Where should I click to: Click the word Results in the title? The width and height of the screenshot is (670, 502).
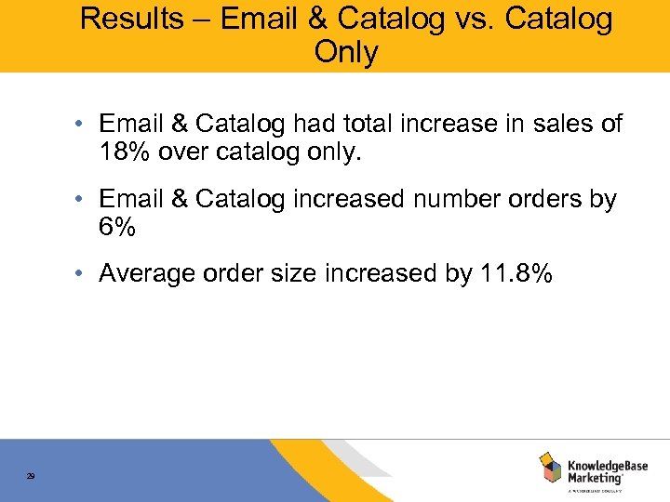pos(133,19)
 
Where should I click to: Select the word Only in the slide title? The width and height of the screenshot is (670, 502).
pos(346,53)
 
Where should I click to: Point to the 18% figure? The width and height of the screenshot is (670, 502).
pos(125,152)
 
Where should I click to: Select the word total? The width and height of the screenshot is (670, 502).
pos(377,124)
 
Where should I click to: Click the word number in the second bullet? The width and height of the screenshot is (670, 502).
pos(463,200)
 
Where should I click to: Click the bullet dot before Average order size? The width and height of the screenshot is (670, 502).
pos(83,274)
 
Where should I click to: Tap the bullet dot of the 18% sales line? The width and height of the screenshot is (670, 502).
pos(83,125)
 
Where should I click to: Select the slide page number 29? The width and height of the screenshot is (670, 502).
pos(31,476)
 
